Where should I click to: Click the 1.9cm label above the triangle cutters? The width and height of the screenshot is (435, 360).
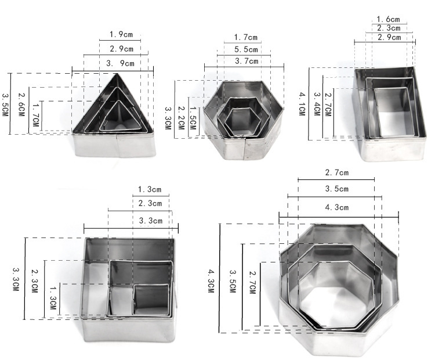121,34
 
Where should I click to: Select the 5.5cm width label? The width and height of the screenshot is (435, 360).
246,49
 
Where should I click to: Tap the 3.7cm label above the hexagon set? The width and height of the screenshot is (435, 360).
246,61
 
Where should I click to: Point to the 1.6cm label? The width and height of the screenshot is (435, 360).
388,19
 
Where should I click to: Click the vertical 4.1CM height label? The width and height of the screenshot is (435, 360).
302,104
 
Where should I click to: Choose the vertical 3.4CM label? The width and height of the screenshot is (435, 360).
317,104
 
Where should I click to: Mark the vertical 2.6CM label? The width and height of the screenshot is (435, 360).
21,105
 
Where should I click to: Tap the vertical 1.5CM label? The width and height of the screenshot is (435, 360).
193,118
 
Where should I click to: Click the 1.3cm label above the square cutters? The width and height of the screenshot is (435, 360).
150,189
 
